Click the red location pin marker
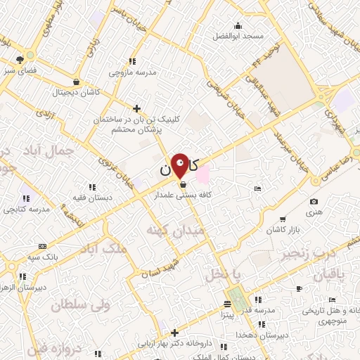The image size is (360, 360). tap(180, 166)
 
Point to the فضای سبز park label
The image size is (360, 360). tap(20, 71)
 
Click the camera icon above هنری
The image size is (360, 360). tap(313, 202)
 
